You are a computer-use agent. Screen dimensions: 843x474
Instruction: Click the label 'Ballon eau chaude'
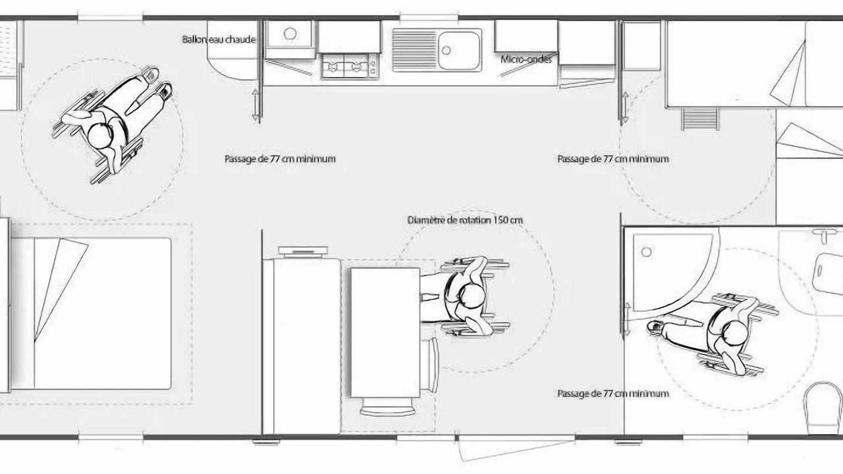(219, 39)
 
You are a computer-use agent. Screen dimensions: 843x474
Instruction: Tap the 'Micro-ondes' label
(526, 59)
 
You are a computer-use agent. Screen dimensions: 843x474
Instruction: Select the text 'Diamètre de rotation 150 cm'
(465, 220)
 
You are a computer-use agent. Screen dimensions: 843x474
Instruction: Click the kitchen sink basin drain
(447, 50)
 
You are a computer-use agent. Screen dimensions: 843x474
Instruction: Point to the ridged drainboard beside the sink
(414, 49)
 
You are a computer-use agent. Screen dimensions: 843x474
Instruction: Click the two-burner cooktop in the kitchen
(349, 66)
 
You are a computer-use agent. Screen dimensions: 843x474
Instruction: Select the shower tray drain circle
(647, 251)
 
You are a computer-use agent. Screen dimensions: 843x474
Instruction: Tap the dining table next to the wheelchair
(385, 332)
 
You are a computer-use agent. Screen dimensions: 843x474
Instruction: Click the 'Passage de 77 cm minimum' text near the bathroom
(613, 394)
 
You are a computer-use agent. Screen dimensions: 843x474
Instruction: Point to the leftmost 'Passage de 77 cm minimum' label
(280, 159)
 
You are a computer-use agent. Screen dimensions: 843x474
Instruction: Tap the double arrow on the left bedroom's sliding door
(256, 105)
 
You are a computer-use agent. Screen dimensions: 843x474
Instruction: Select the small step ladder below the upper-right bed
(700, 119)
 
